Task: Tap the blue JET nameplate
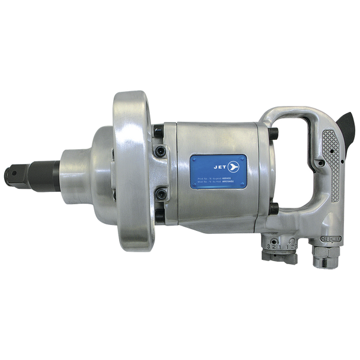click(218, 173)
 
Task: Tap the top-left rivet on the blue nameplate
click(194, 158)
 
